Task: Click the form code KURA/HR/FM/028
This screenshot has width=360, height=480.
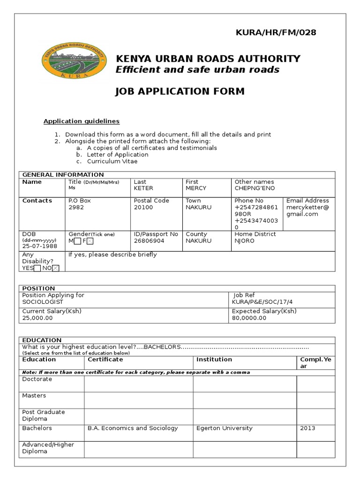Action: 276,32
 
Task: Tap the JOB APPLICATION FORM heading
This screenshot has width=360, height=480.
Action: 180,91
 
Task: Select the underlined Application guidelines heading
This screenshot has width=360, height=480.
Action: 82,121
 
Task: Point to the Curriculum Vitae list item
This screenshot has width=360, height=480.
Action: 112,161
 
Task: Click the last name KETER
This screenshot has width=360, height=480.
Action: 143,188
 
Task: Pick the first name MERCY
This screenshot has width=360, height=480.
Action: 195,188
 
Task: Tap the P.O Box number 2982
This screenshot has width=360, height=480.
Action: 76,207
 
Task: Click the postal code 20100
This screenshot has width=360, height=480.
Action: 143,207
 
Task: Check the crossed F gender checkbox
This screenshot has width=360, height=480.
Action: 90,241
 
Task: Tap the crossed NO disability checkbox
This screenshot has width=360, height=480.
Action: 56,268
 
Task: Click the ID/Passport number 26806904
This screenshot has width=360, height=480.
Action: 149,241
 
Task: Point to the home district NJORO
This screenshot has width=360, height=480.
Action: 245,241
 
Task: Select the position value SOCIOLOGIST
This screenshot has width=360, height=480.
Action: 42,302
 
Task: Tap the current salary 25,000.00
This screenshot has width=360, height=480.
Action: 37,318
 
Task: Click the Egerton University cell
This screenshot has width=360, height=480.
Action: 225,428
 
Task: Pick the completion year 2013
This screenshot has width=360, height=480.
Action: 308,428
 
